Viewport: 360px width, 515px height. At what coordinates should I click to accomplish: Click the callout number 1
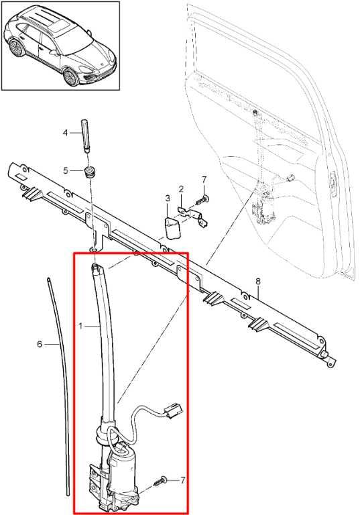point(81,326)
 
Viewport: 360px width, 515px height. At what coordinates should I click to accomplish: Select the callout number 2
point(181,189)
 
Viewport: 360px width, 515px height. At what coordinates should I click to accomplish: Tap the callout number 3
point(168,198)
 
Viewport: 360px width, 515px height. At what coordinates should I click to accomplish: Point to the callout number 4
point(65,132)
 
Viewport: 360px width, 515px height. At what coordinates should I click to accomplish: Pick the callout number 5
point(66,170)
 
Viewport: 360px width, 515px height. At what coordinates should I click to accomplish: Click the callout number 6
point(40,344)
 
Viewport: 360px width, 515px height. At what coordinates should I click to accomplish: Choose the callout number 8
point(258,282)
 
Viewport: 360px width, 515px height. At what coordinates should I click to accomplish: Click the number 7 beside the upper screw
point(204,180)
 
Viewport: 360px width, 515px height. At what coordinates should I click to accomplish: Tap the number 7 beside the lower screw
point(182,480)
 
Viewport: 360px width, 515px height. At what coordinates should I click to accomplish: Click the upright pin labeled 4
point(84,137)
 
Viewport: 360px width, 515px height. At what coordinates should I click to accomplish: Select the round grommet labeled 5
point(88,172)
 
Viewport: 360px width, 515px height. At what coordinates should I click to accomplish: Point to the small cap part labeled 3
point(172,228)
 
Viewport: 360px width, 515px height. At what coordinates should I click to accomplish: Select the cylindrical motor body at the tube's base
point(122,463)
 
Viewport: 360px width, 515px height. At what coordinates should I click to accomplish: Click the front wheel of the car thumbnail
point(70,77)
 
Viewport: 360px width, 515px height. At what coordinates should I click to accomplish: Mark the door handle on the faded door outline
point(334,184)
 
